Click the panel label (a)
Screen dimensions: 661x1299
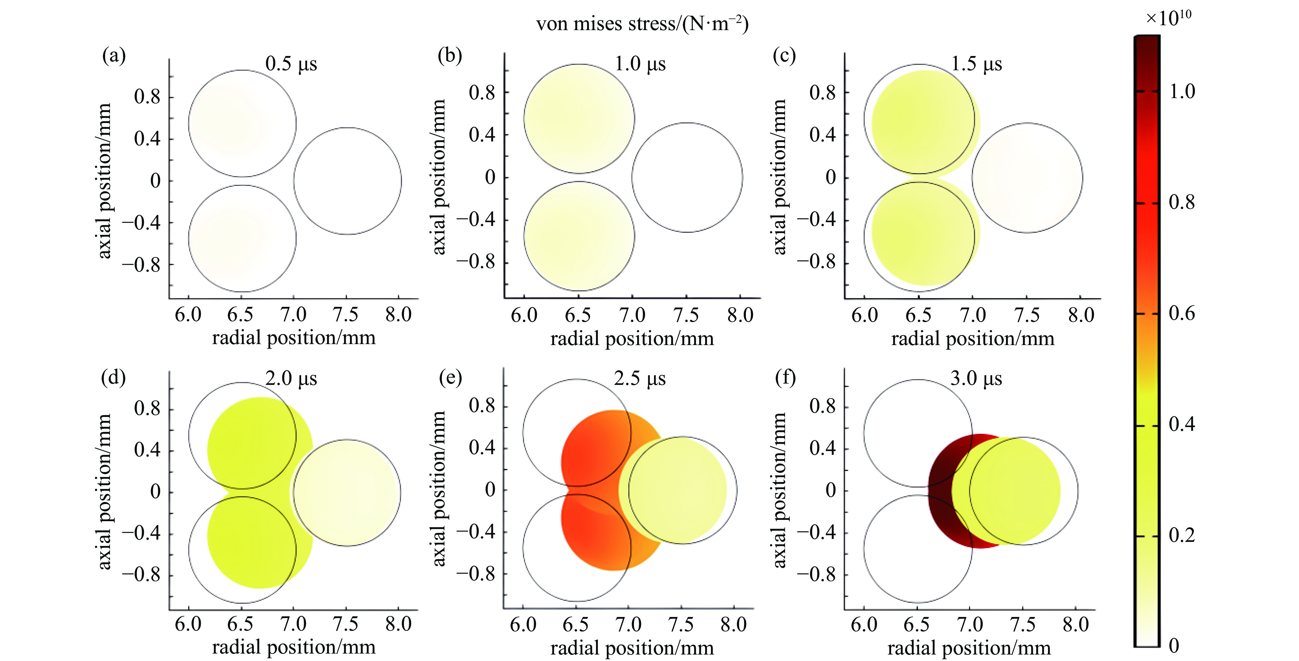pos(114,55)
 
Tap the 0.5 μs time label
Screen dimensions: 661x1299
pos(291,64)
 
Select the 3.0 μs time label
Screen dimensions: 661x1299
pos(976,378)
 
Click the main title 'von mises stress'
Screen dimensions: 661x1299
pos(642,24)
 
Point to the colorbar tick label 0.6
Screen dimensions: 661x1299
pos(1182,313)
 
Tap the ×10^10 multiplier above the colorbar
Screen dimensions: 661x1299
pos(1168,18)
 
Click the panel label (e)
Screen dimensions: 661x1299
pos(450,377)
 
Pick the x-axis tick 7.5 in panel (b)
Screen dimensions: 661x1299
pos(686,315)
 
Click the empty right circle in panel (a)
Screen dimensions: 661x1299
pos(347,181)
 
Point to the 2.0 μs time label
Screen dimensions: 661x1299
pos(291,378)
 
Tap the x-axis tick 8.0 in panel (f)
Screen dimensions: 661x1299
pos(1075,625)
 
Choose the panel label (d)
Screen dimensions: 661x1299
pos(114,377)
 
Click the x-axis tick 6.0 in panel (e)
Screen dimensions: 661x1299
pos(523,625)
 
